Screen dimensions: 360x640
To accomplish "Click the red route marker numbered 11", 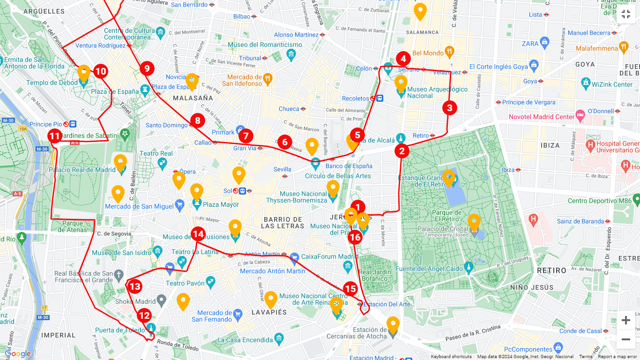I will (55, 136).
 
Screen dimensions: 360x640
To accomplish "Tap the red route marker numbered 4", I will (403, 59).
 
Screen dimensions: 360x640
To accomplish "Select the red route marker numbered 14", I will (198, 234).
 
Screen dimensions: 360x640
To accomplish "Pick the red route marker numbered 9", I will (147, 69).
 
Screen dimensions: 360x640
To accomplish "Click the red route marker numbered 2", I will (402, 151).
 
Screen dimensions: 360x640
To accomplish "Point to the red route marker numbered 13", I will (134, 286).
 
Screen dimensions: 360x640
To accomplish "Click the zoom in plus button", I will (625, 320).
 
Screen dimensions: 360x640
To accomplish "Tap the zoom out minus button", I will (625, 339).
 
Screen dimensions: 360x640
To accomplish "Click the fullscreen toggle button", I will (625, 14).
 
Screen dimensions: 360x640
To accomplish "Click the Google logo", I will (18, 354).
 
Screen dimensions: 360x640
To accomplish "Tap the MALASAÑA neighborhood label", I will (193, 98).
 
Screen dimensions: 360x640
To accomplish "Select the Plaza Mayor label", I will (221, 204).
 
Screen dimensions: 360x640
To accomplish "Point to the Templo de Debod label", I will (52, 83).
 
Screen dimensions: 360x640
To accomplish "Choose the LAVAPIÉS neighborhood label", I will (269, 312).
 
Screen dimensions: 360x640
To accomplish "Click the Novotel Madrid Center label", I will (541, 117).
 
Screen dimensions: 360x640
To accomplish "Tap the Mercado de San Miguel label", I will (139, 206).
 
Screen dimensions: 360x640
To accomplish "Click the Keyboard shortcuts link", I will (451, 357).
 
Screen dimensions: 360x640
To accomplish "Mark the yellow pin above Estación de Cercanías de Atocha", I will (393, 325).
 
